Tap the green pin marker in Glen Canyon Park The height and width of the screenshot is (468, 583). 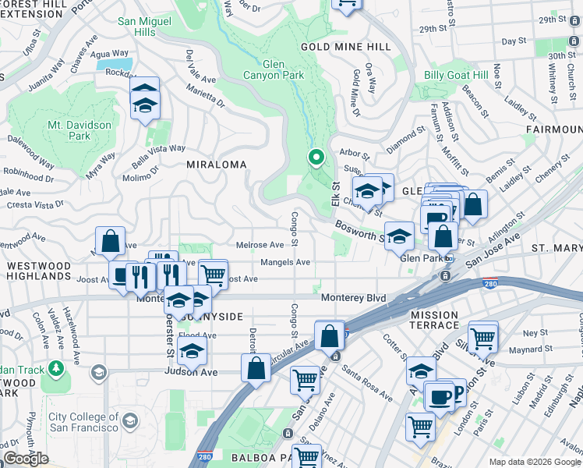[x=316, y=158]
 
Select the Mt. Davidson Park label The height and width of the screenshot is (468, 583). [x=79, y=130]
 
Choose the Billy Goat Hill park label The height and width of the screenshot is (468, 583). [x=455, y=76]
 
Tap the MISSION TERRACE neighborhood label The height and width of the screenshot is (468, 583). [x=434, y=319]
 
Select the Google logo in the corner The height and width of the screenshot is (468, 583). [x=26, y=459]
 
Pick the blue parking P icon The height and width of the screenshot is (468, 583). [x=458, y=393]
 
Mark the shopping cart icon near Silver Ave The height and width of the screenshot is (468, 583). [x=483, y=337]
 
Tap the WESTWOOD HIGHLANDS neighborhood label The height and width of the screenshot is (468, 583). [x=49, y=271]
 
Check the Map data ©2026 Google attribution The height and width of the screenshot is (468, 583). [x=534, y=462]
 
